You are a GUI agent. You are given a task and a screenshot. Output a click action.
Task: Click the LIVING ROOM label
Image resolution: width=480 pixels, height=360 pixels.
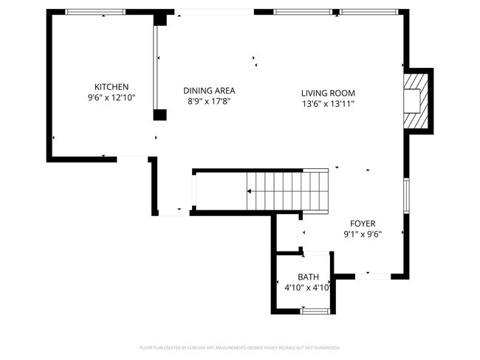tap(328, 93)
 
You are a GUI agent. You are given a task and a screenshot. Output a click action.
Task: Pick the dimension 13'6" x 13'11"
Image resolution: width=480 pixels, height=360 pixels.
tap(328, 103)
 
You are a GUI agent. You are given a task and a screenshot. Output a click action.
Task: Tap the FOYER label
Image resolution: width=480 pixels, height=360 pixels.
tap(363, 224)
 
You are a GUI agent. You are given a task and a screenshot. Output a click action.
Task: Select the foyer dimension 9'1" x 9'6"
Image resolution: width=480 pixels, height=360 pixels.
tap(363, 234)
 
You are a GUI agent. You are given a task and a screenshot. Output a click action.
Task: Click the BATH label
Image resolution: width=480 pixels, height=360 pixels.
tap(309, 277)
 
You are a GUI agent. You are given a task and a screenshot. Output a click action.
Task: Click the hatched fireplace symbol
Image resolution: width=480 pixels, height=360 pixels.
tap(416, 100)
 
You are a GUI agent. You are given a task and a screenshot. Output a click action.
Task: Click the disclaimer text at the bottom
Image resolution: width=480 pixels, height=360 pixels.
tap(239, 347)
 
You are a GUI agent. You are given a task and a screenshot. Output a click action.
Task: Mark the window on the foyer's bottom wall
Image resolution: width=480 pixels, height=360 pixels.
tap(377, 276)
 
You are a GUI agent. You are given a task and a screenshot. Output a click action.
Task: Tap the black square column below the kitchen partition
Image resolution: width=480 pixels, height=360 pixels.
tap(160, 114)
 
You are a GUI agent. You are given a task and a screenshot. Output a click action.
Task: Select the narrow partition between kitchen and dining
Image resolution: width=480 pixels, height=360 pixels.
tap(156, 66)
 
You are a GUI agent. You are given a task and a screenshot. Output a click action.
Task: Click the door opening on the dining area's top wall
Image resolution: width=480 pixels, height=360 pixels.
tap(214, 12)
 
